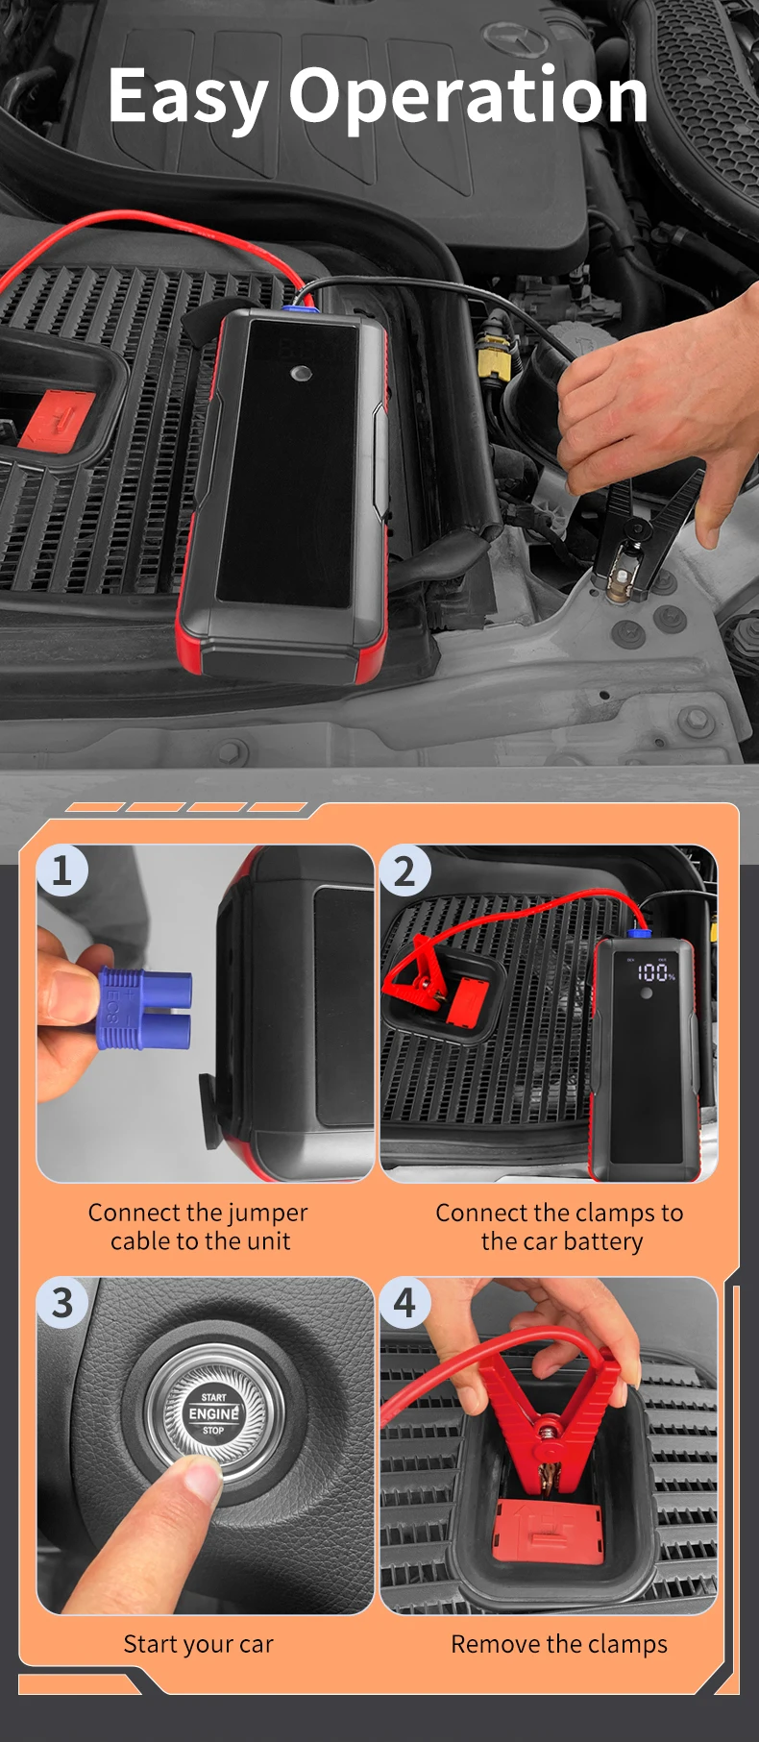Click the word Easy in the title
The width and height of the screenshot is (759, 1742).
(188, 98)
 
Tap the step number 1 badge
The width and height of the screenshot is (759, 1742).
(62, 871)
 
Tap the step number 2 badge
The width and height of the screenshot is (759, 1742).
(405, 871)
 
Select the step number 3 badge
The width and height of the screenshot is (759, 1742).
(62, 1303)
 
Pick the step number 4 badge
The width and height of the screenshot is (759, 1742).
(405, 1303)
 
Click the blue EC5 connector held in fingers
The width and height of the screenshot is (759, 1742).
(145, 1008)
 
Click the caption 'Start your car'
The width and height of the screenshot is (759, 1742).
(198, 1644)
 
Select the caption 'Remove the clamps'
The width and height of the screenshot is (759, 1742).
(559, 1644)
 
